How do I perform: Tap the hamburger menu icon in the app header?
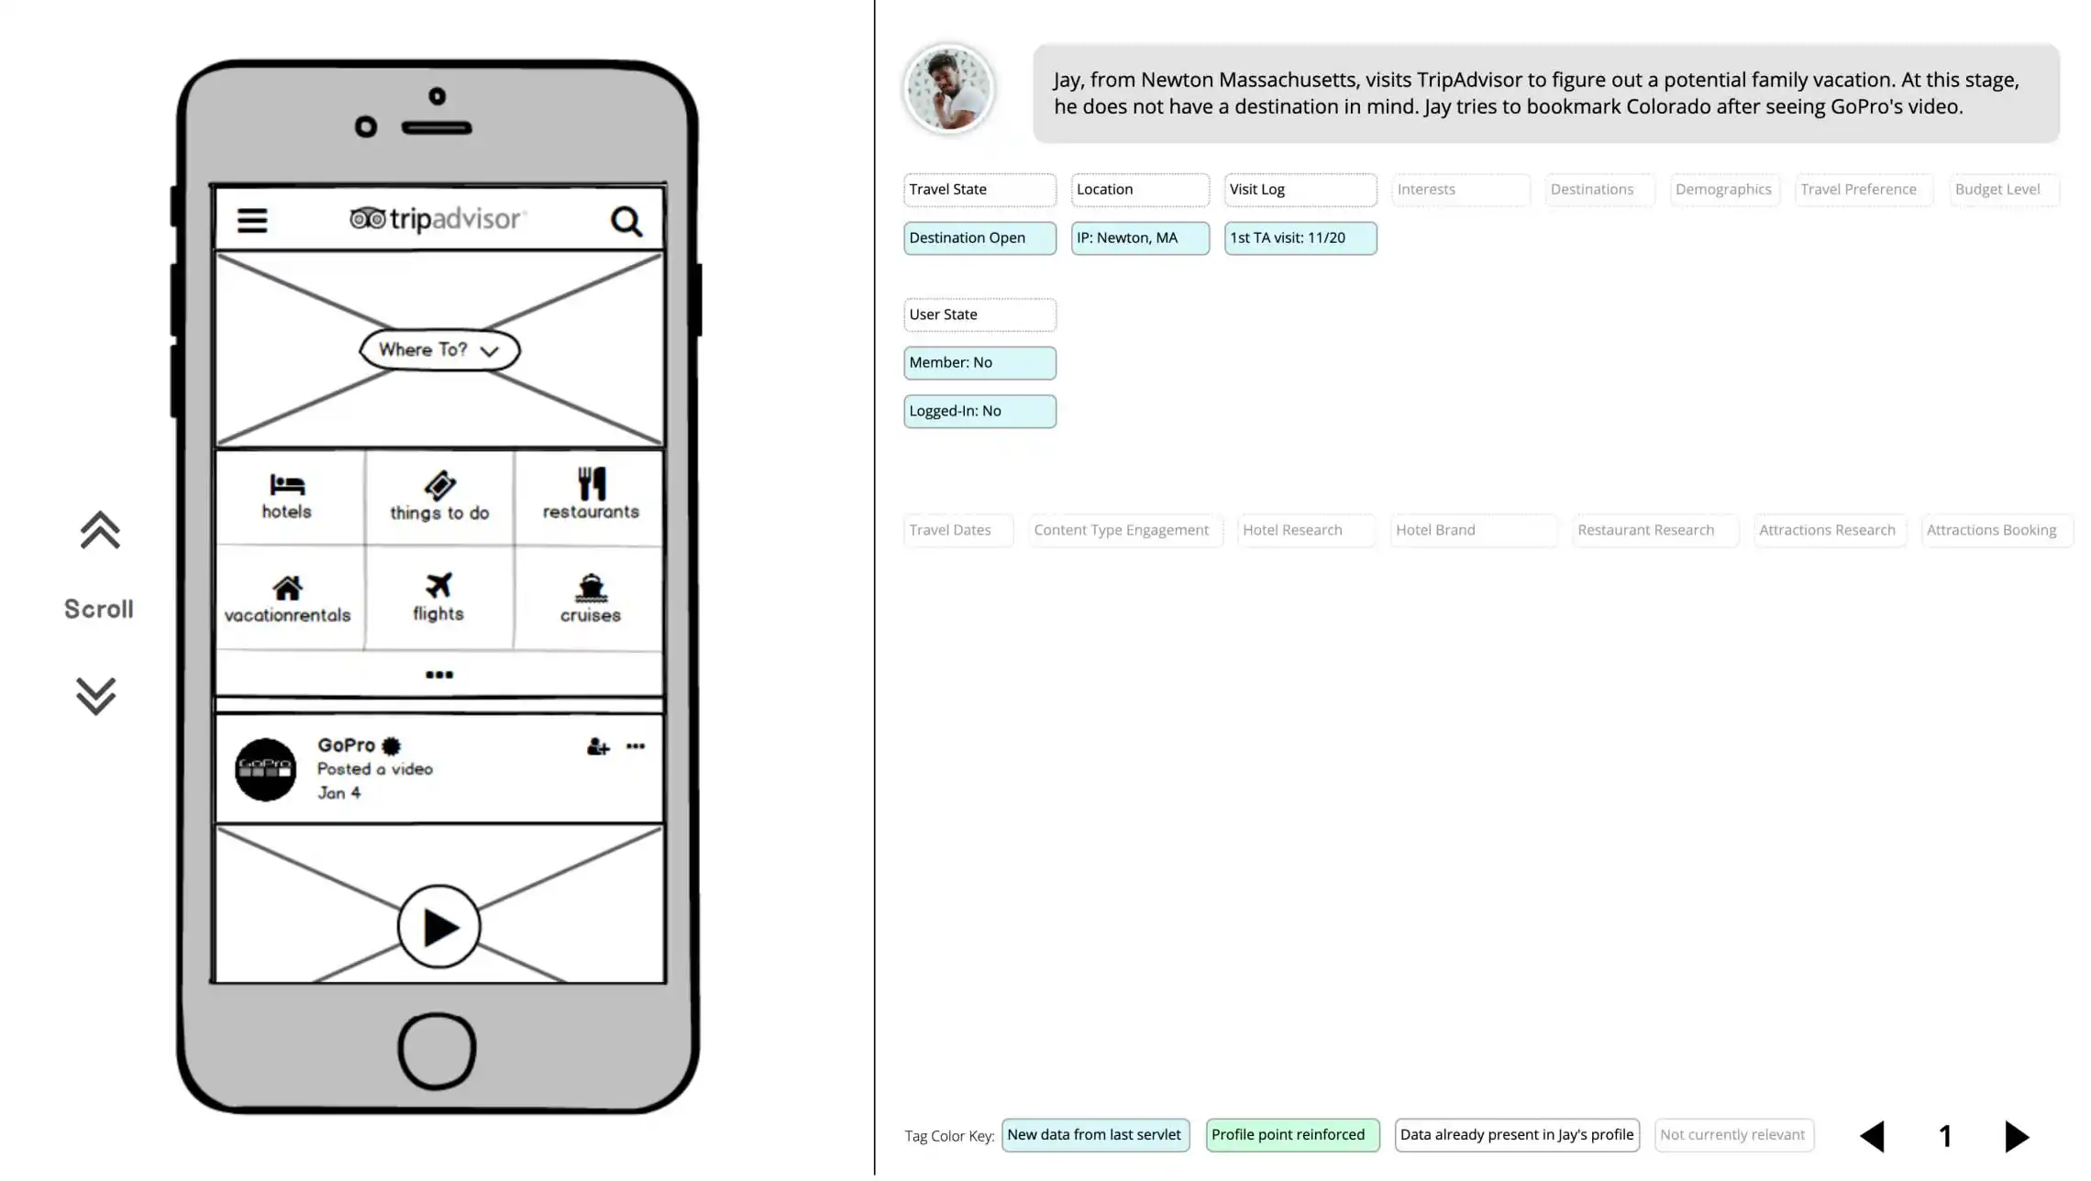coord(252,220)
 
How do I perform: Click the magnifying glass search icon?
coord(626,221)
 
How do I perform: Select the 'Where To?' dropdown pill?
coord(439,349)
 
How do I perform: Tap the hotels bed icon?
coord(287,484)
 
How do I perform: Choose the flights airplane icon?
coord(438,585)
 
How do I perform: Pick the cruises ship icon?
coord(591,587)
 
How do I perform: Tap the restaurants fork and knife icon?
coord(592,483)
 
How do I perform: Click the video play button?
coord(438,926)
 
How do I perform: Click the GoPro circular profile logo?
coord(266,769)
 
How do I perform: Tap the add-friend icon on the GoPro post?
coord(598,747)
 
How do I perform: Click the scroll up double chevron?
coord(100,530)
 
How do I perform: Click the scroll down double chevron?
coord(96,696)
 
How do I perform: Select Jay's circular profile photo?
coord(948,89)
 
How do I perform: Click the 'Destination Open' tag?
coord(979,238)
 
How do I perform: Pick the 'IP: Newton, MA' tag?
coord(1140,238)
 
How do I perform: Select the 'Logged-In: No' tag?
coord(979,412)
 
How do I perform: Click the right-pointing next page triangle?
coord(2017,1136)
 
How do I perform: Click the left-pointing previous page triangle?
coord(1872,1136)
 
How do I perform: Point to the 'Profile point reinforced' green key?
coord(1292,1135)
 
